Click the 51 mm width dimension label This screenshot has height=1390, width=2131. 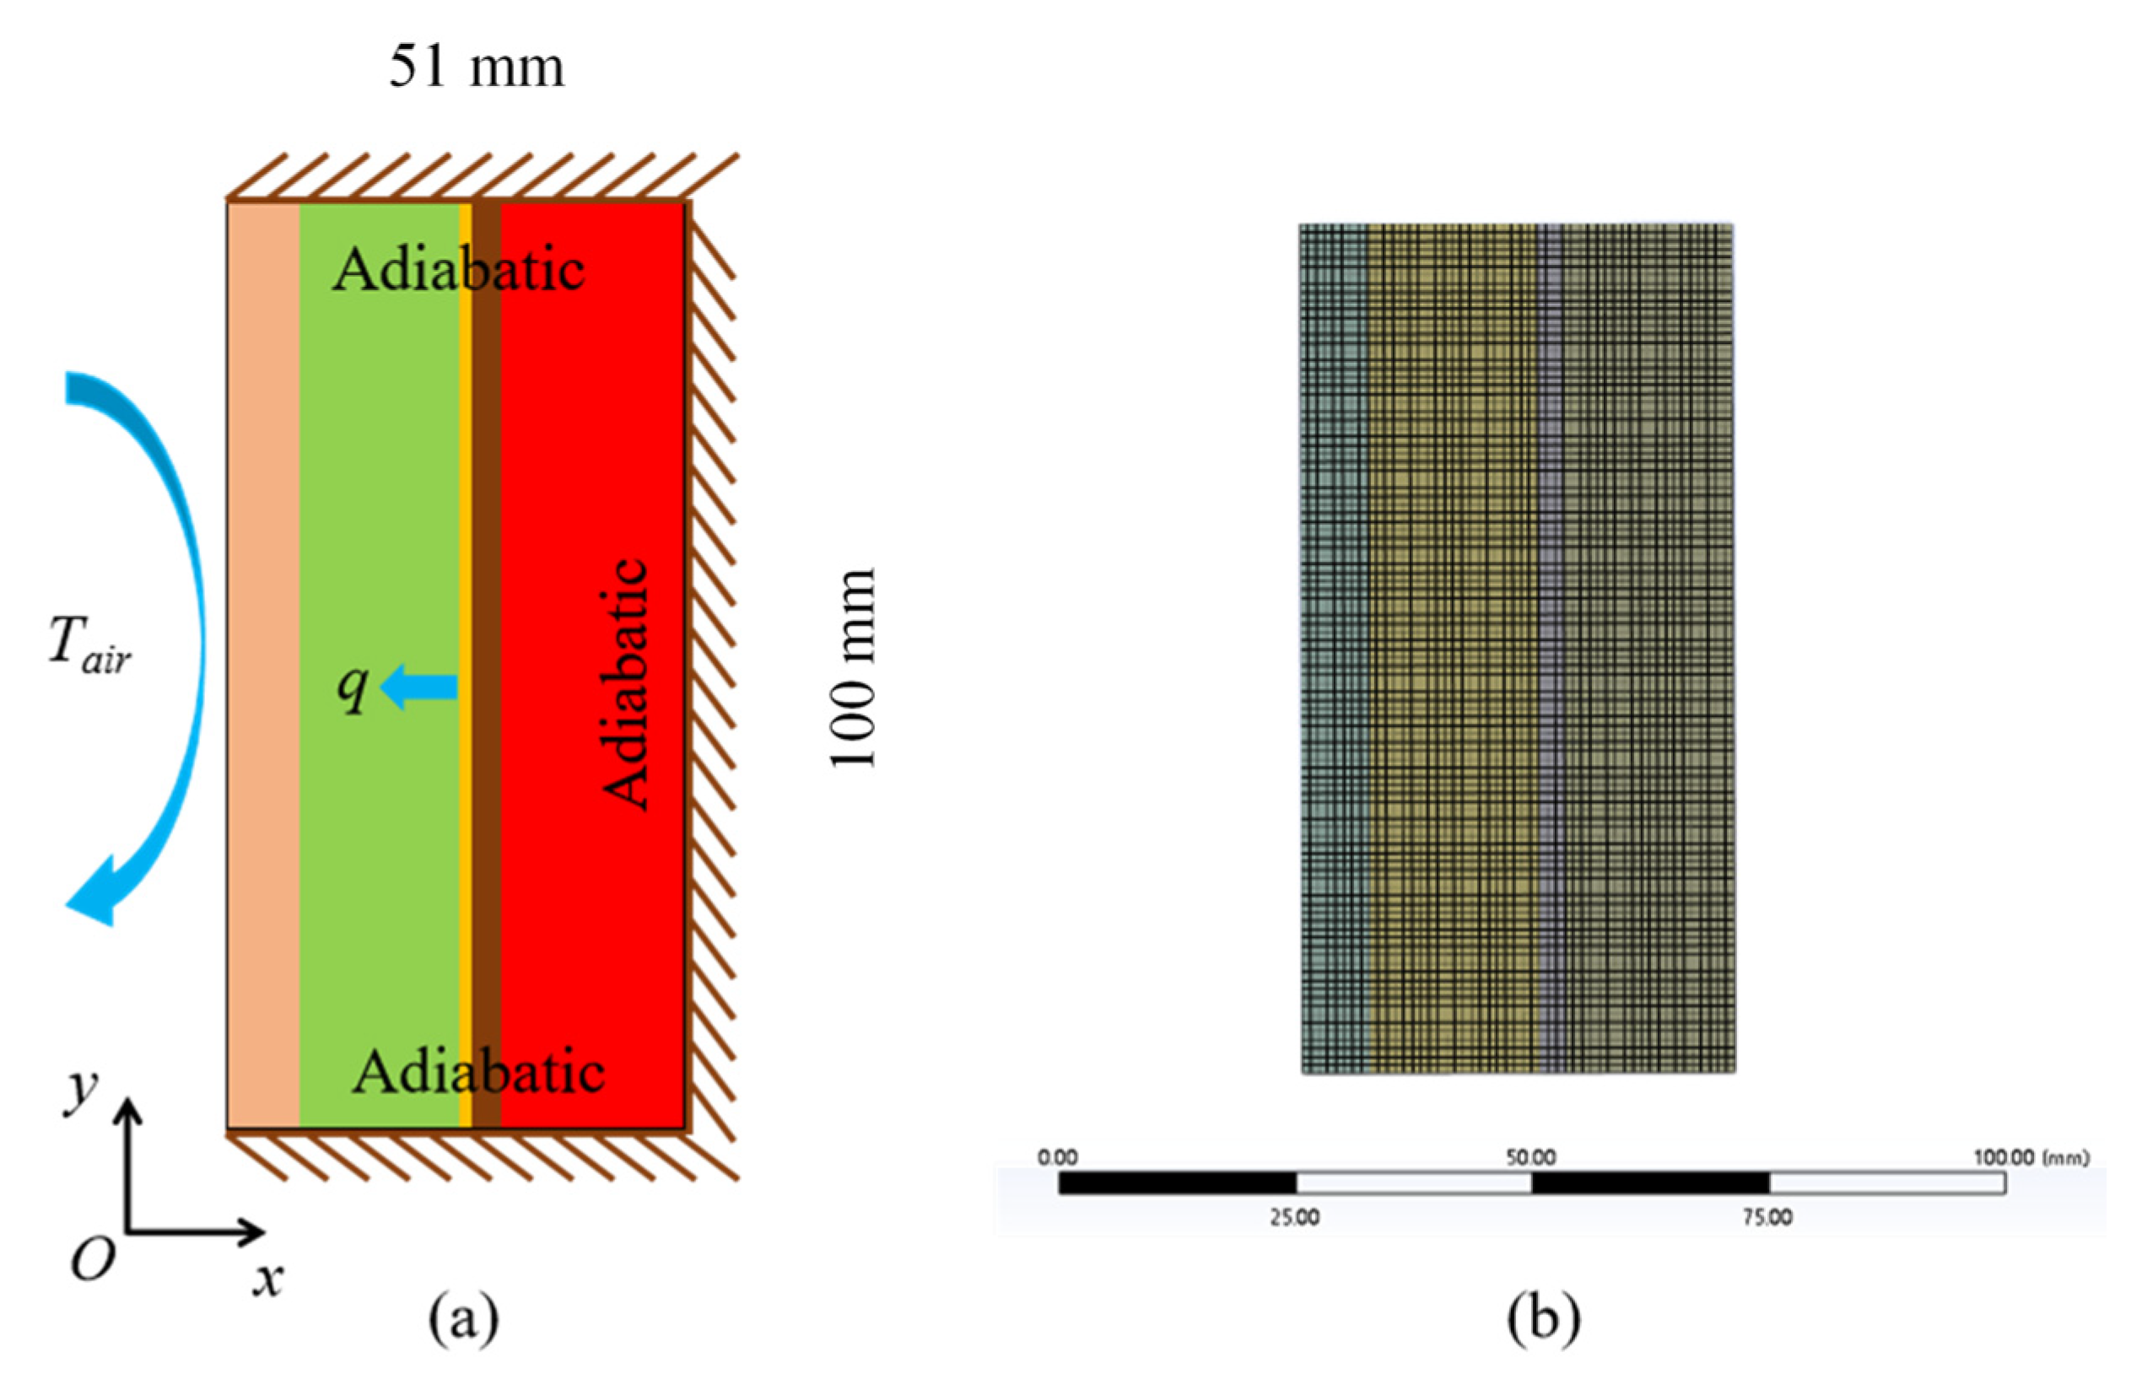(x=477, y=68)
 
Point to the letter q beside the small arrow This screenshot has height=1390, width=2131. (x=353, y=687)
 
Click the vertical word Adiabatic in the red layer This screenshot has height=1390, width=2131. (x=625, y=685)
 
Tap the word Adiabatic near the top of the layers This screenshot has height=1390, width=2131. (x=458, y=268)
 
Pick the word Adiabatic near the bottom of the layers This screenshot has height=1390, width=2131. (x=478, y=1071)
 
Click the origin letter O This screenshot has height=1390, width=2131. (x=93, y=1260)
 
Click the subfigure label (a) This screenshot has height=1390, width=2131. (x=463, y=1318)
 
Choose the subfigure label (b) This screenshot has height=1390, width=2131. (x=1544, y=1318)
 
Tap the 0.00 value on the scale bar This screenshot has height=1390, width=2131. (x=1057, y=1157)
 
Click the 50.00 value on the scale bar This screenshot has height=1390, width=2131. (x=1530, y=1157)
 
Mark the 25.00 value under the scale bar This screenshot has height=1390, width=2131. (x=1295, y=1218)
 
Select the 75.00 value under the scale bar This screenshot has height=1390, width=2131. (x=1767, y=1218)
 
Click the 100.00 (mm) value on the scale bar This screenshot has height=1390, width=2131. (x=2031, y=1157)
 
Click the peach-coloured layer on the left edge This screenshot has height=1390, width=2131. (x=263, y=662)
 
